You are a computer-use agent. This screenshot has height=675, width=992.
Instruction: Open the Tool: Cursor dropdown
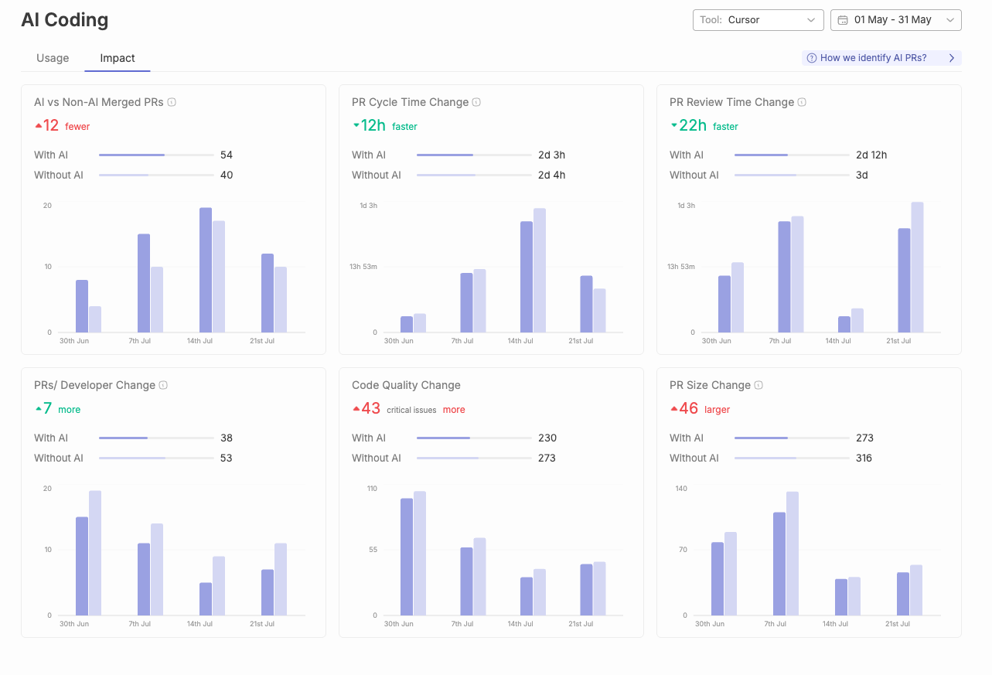758,20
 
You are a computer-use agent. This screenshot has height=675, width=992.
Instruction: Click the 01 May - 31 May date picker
895,20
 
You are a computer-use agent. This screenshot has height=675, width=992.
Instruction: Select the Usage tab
53,58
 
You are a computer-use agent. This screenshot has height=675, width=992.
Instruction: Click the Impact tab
118,58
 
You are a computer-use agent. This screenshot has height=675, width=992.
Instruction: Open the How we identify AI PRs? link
881,58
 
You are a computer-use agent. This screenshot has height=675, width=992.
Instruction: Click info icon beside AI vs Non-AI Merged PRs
172,102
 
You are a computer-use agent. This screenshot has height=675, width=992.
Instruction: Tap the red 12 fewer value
63,126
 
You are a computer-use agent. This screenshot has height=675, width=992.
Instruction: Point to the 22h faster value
704,126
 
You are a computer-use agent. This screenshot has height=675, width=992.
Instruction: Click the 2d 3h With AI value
551,155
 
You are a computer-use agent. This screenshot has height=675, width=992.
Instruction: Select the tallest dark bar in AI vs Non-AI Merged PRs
206,270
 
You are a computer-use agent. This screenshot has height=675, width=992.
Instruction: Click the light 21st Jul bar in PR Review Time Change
917,267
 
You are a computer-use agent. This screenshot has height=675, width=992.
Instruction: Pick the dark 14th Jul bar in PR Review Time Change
844,324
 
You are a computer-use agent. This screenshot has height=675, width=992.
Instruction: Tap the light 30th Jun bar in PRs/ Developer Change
95,553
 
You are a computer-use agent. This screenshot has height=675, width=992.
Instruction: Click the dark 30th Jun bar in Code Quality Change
407,557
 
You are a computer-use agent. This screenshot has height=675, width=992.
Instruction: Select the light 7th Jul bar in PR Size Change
793,553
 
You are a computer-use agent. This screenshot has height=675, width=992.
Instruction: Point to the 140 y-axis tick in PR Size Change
681,489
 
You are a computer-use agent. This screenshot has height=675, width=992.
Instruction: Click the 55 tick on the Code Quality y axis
373,550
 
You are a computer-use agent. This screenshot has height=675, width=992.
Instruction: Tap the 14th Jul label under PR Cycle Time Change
520,341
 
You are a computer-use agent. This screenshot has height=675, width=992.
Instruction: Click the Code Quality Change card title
406,385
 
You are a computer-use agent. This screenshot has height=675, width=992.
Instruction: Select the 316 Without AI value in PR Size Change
864,458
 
